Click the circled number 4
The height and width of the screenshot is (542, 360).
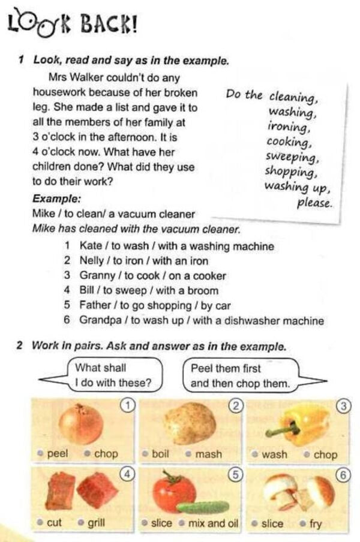pos(127,474)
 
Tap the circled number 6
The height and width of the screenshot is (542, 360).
pos(343,474)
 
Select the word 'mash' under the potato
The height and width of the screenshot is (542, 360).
pos(208,454)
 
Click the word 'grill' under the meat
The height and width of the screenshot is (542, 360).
pos(97,523)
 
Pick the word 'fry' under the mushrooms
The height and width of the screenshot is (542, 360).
pos(315,523)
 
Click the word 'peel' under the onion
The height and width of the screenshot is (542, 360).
pos(57,454)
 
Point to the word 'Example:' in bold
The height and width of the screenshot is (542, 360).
pos(57,199)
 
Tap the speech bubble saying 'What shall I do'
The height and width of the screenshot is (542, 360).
pos(111,375)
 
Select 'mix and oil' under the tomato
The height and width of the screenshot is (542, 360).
pos(213,523)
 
